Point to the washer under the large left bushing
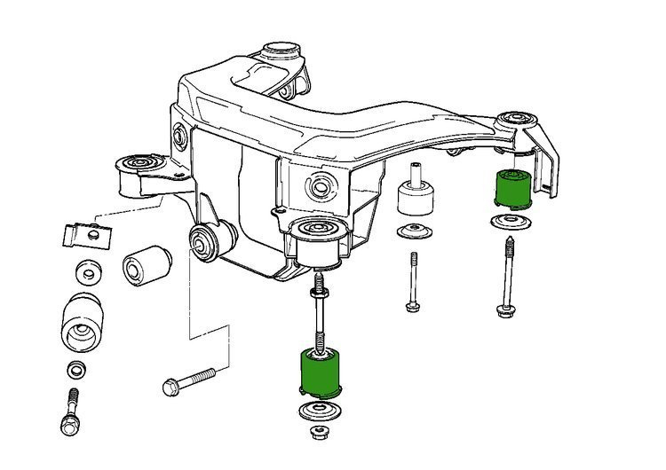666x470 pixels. point(76,368)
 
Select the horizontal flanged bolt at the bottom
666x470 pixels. point(187,382)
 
